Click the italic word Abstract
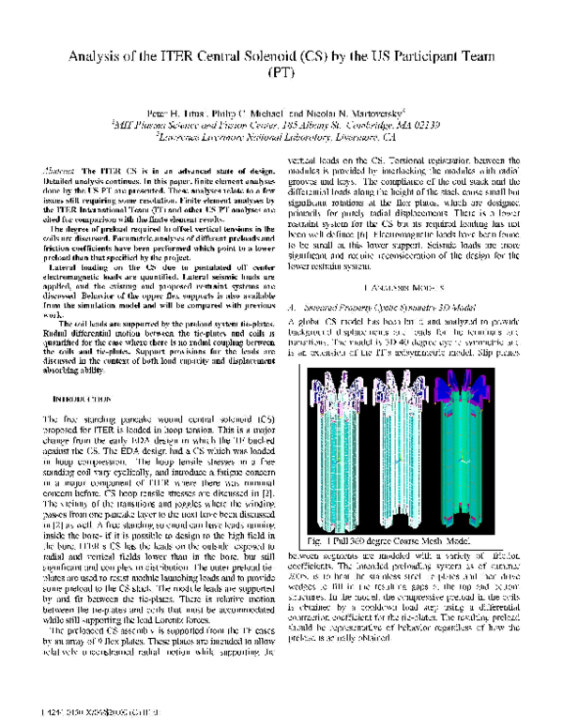62,167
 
